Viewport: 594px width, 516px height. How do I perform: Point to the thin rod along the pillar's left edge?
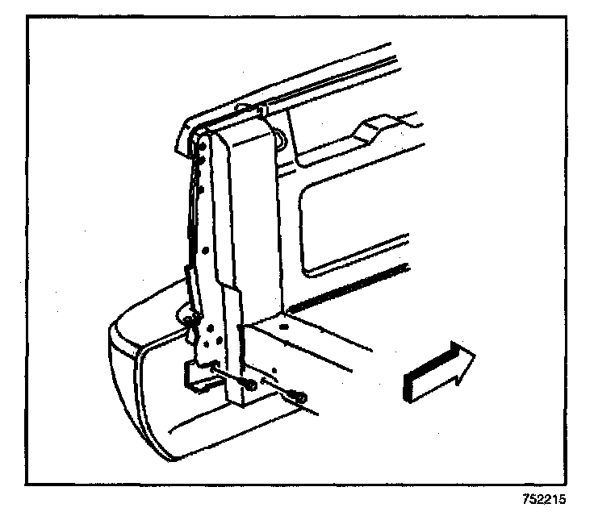coord(194,202)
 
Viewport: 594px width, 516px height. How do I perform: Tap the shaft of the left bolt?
coord(234,375)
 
